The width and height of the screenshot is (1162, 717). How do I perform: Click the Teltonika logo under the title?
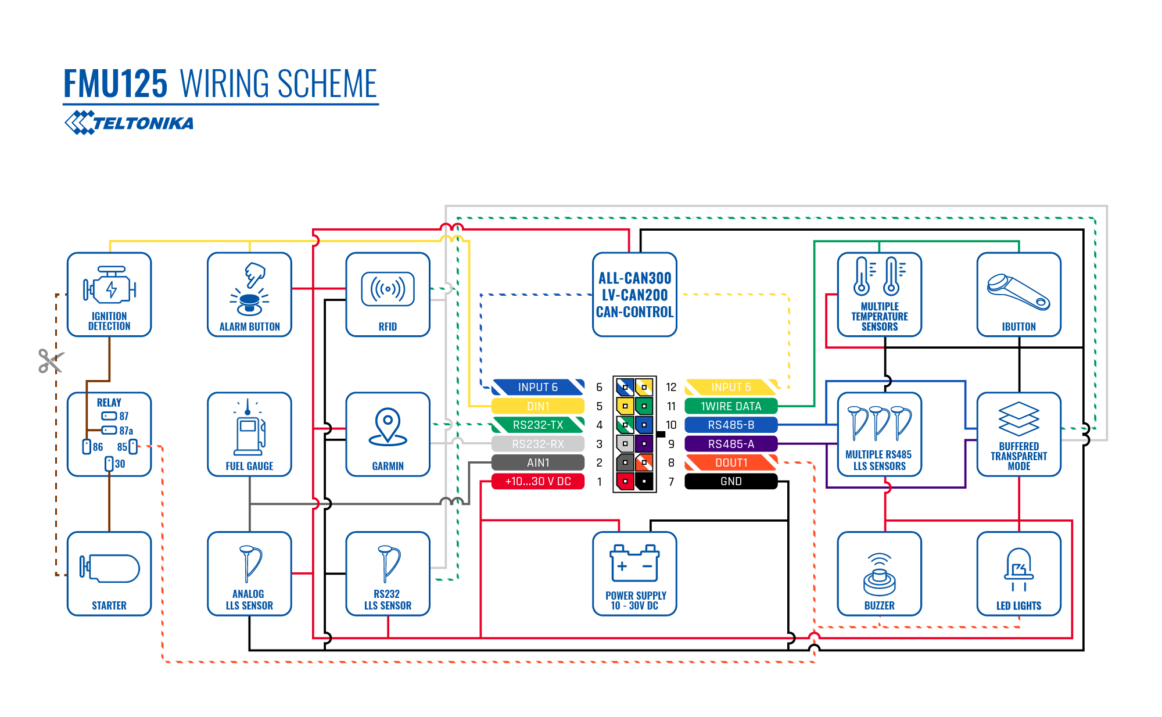pos(129,123)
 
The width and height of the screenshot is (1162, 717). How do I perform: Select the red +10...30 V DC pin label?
pos(538,482)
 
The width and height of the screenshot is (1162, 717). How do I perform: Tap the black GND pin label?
pos(731,482)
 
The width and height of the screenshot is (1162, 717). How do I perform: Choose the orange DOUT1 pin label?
pos(731,463)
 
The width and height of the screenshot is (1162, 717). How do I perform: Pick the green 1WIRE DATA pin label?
pos(731,406)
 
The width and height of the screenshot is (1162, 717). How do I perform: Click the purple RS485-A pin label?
pos(731,444)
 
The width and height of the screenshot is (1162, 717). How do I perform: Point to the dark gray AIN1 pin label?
pos(538,463)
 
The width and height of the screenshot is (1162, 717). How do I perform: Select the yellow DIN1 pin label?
pos(538,406)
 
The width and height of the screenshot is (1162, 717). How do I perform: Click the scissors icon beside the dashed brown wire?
pos(51,361)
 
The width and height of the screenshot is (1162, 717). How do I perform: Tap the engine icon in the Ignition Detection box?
pos(109,285)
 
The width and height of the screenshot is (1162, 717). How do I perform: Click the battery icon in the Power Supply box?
pos(634,563)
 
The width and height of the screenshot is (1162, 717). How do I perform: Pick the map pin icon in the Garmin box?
pos(388,426)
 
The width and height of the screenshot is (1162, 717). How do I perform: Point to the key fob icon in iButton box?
pos(1018,292)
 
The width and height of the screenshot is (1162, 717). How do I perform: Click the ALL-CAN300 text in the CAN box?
pos(635,278)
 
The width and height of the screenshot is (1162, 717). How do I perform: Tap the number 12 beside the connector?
pos(671,387)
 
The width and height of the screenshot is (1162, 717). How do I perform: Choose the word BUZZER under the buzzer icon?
pos(880,605)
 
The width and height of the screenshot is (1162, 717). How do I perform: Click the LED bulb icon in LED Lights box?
pos(1019,569)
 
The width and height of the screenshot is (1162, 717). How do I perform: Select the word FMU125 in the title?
pos(116,84)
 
